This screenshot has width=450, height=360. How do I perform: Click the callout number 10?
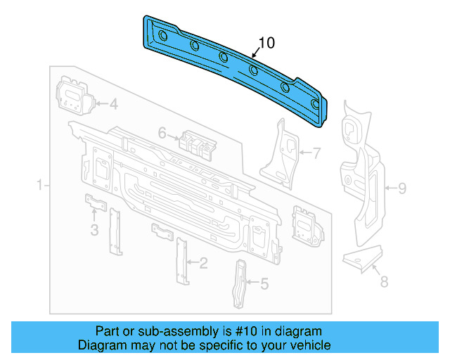click(266, 44)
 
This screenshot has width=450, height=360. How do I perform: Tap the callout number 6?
click(162, 133)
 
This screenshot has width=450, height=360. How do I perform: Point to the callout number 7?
click(316, 151)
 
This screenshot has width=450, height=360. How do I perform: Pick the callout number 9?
click(402, 188)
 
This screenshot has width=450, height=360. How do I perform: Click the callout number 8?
click(383, 283)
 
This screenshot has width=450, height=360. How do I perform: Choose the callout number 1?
click(39, 186)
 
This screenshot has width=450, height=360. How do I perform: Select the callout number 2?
click(203, 264)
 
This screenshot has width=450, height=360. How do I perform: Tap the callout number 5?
click(264, 283)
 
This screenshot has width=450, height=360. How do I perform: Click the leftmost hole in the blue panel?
click(162, 35)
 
